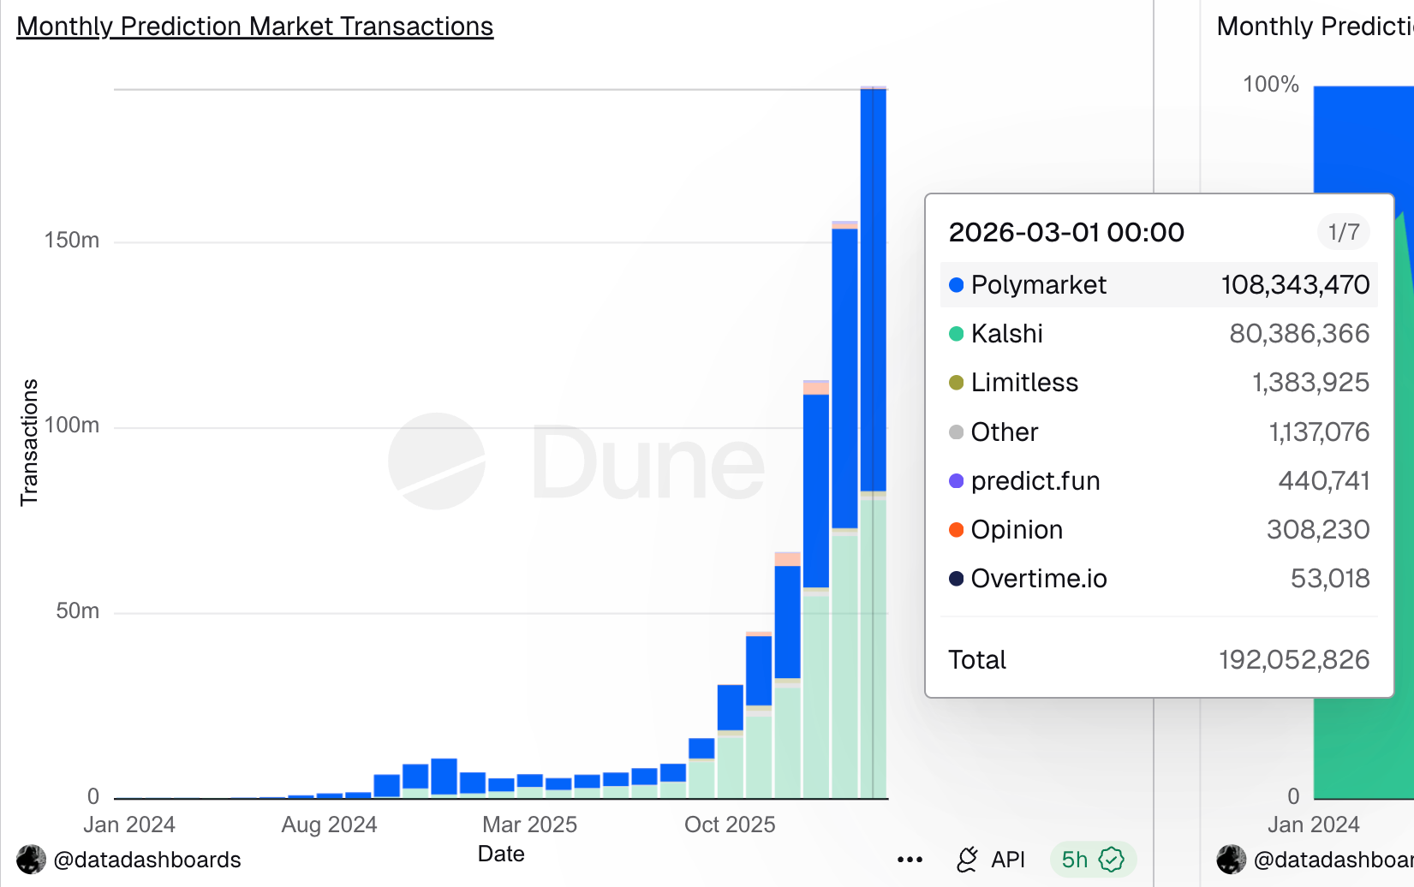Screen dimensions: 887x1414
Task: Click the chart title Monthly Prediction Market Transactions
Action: [254, 27]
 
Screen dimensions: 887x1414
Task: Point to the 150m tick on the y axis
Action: [72, 241]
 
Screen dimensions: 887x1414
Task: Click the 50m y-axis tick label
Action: [77, 611]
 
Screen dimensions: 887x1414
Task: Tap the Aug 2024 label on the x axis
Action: [329, 824]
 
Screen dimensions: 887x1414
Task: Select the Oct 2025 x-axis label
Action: [730, 824]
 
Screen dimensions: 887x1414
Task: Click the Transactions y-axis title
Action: [30, 442]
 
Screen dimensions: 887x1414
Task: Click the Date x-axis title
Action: [501, 854]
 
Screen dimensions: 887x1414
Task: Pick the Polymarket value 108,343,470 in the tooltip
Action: [1295, 285]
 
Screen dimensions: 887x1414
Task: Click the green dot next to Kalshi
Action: [957, 334]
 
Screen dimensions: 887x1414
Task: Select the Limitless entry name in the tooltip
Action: [1024, 383]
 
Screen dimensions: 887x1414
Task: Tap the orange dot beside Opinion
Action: [957, 530]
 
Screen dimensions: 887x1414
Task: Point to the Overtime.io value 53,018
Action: [1330, 579]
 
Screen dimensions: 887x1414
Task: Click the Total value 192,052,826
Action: [1294, 660]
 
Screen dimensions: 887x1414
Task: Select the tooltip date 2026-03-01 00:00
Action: [1066, 232]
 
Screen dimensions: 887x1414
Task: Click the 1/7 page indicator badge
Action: [1343, 232]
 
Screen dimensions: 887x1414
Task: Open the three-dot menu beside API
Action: [910, 860]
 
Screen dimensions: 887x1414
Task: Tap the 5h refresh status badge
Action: [1092, 860]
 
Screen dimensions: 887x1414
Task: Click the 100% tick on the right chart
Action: [1271, 85]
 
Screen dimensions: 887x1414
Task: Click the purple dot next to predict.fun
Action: [957, 481]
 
